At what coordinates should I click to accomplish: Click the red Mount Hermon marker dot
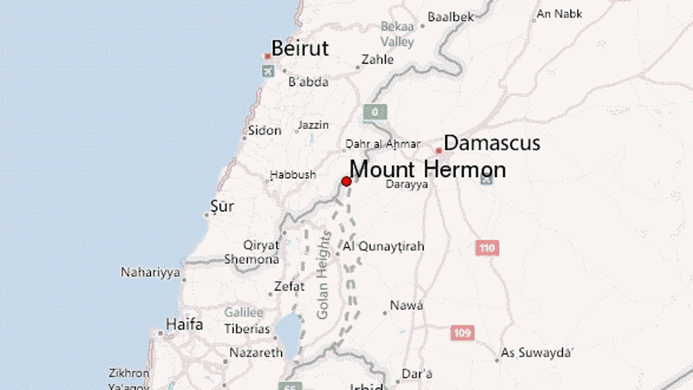click(346, 181)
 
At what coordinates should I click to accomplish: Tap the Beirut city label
click(300, 49)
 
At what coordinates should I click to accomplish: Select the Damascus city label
click(491, 144)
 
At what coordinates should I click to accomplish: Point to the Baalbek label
click(450, 17)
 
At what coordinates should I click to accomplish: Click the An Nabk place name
click(559, 14)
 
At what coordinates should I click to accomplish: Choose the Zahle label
click(378, 60)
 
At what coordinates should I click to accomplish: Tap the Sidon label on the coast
click(265, 130)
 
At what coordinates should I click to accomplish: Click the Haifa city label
click(184, 325)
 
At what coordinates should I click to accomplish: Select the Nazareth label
click(256, 353)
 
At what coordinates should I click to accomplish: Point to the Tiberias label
click(247, 329)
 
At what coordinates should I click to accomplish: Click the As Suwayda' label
click(538, 353)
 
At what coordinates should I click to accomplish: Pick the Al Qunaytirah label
click(383, 247)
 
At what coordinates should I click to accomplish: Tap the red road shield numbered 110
click(487, 247)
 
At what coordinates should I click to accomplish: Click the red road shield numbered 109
click(462, 333)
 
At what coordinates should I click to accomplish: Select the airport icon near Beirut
click(268, 71)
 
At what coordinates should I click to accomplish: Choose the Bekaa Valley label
click(397, 34)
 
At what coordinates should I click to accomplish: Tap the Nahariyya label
click(150, 272)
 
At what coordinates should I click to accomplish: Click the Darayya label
click(406, 185)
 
